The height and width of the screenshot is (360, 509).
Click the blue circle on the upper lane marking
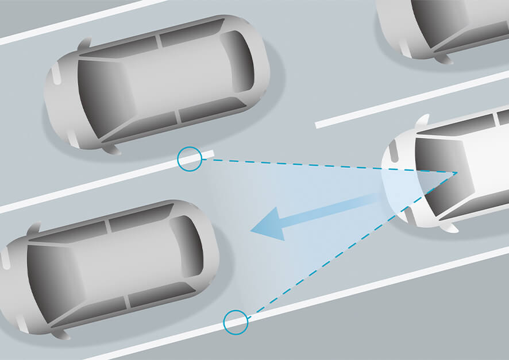point(190,158)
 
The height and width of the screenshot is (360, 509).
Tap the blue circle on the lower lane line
point(236,322)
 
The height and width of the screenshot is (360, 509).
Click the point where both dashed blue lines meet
point(457,172)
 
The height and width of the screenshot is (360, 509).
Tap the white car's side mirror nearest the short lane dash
point(422,121)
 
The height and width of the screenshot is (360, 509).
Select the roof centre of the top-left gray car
point(167,80)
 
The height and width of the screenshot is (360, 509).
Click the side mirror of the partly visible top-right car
point(443,57)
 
